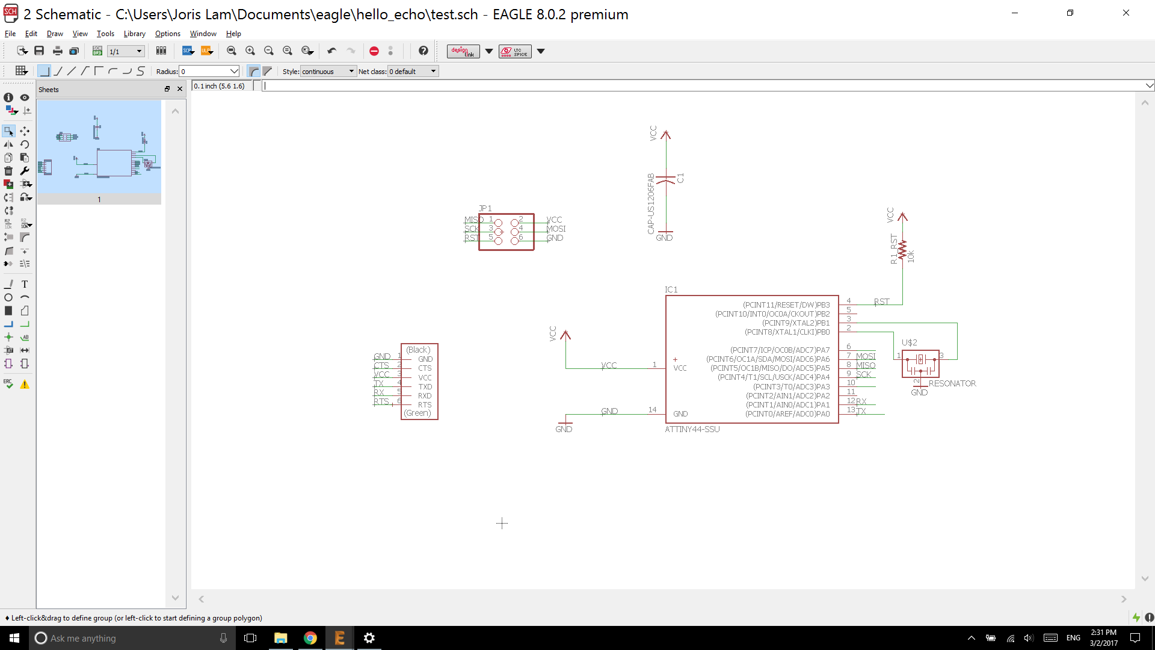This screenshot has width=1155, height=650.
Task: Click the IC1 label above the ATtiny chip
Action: pos(671,289)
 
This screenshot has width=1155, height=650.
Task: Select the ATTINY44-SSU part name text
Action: pos(692,429)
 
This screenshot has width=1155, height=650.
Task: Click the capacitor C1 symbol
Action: pos(665,179)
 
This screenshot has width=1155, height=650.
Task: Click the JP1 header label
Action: pos(485,208)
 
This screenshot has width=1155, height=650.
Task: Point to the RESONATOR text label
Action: pos(952,383)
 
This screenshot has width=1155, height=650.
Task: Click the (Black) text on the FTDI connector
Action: pos(418,350)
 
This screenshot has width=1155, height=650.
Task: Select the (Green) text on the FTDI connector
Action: pos(417,413)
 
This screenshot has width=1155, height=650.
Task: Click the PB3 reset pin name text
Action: pos(786,305)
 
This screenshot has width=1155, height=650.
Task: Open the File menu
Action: pos(10,34)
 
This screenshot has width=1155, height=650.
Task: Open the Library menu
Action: pos(134,34)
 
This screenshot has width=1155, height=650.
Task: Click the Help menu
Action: pos(233,34)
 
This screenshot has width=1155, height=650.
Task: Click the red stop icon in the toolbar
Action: pos(374,51)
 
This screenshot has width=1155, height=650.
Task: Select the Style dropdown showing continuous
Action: pos(328,72)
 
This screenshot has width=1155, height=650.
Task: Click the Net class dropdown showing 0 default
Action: pos(413,72)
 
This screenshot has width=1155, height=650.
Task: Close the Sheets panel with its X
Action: pos(180,89)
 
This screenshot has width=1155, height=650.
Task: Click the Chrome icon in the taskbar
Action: pos(310,638)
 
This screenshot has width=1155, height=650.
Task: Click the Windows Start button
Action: pos(14,638)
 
